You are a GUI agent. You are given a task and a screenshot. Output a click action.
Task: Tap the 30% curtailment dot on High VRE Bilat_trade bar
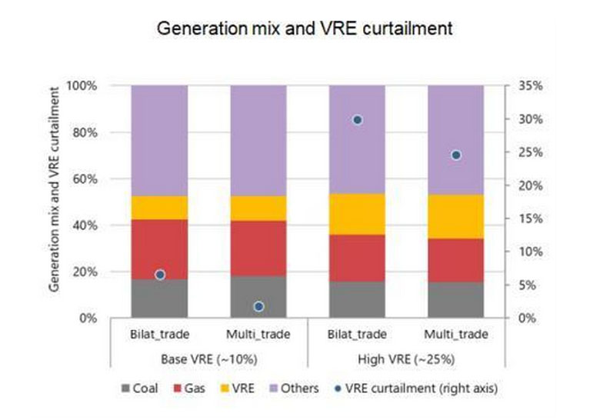tap(357, 120)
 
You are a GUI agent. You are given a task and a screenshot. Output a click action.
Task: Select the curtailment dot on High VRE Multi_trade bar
tap(455, 155)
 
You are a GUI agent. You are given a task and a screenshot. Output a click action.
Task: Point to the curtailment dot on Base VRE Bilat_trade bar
tap(160, 275)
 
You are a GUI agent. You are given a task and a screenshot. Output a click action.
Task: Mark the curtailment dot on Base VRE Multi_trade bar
tap(258, 306)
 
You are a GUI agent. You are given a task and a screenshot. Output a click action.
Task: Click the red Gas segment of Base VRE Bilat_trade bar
tap(160, 248)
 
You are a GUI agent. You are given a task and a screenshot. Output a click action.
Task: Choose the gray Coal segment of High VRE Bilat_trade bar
tap(357, 299)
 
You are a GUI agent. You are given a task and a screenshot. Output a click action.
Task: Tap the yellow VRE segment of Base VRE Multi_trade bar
tap(258, 208)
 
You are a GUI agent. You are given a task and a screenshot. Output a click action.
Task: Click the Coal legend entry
tap(139, 388)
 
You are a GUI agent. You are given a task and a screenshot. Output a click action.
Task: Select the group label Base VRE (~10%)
tap(208, 359)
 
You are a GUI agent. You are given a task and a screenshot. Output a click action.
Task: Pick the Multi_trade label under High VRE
tap(455, 335)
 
